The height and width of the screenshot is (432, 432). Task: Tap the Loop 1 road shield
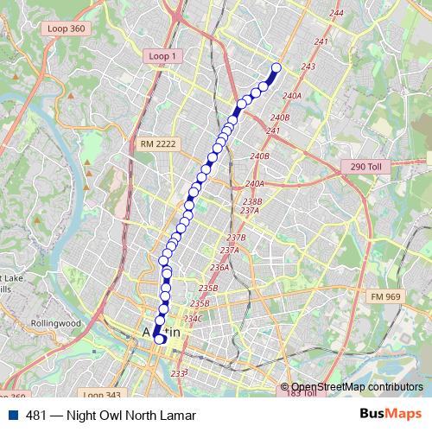(162, 56)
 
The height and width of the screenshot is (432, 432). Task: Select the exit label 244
(336, 13)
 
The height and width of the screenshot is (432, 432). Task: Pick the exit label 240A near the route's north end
(291, 96)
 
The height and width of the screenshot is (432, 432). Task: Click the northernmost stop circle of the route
(276, 67)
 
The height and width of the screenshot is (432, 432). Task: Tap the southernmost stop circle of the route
(160, 340)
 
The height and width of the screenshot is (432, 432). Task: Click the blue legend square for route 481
(11, 414)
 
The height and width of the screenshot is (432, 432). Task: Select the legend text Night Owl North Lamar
(121, 414)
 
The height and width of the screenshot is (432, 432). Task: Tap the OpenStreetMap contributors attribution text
(357, 387)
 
